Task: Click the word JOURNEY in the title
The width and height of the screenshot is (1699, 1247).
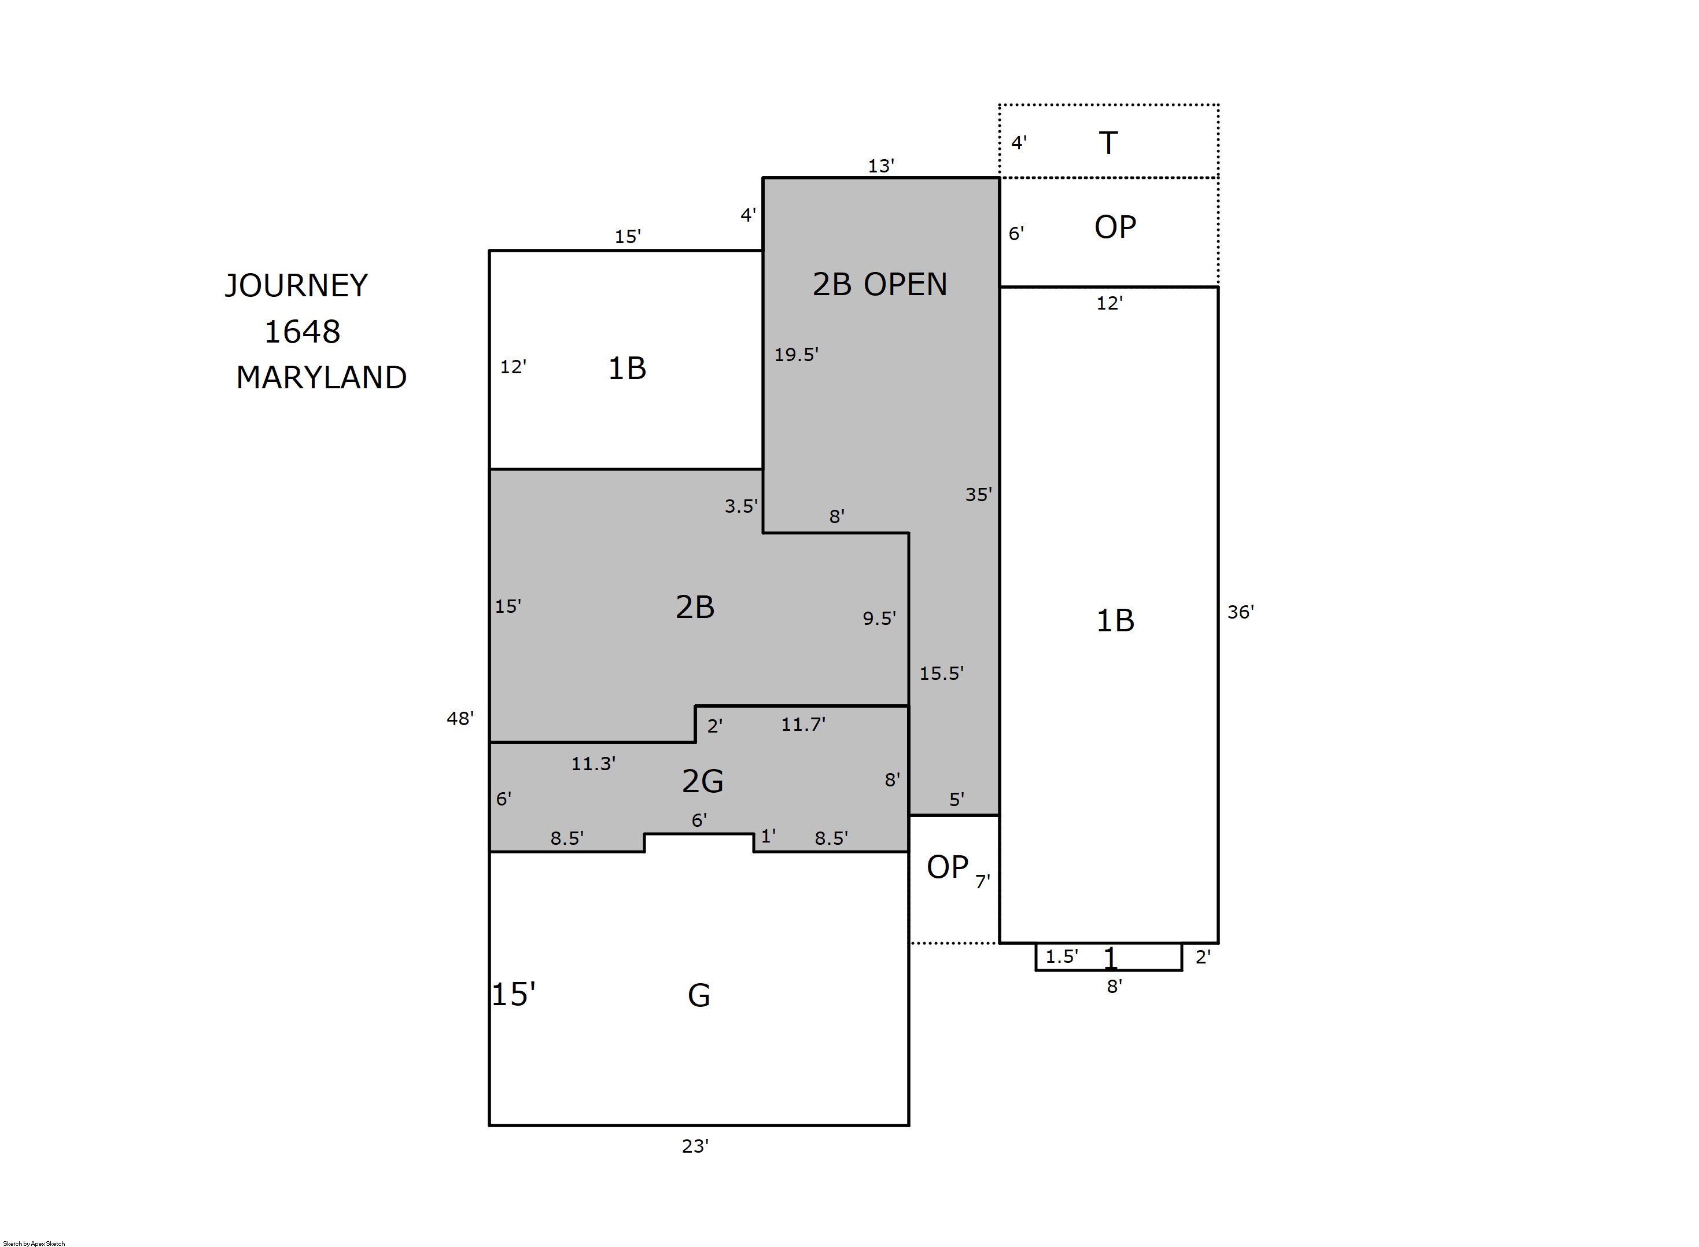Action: [297, 286]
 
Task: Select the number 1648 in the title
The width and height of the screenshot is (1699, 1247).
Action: [302, 332]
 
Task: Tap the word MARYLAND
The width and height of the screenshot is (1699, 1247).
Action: [322, 377]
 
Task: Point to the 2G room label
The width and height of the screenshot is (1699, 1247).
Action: [702, 781]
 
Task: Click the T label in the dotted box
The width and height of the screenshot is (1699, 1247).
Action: [1108, 143]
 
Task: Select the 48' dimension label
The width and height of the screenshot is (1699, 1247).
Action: [460, 718]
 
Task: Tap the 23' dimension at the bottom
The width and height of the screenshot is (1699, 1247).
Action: [695, 1146]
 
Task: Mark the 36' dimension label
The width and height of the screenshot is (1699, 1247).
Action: [1240, 612]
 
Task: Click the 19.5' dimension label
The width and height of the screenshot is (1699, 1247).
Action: [796, 354]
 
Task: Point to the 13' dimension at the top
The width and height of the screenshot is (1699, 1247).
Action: [880, 166]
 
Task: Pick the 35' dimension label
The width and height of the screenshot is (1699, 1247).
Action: [979, 494]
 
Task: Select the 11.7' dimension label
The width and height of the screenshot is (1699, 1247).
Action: [803, 724]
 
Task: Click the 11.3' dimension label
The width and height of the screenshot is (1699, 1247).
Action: [593, 764]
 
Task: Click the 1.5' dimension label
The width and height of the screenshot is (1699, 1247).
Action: [1062, 957]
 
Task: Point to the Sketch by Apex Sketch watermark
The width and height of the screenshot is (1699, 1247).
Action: [34, 1243]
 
